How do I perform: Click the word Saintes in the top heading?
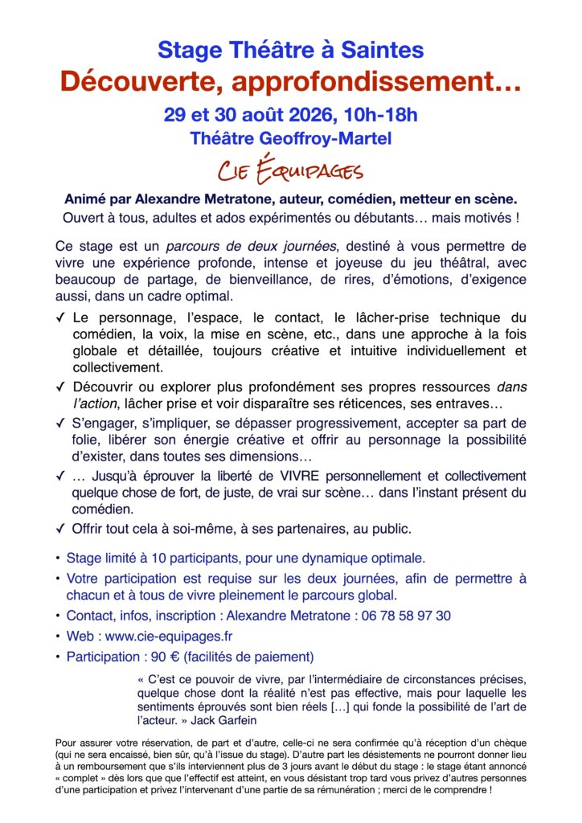click(381, 50)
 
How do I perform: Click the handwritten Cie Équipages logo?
click(290, 170)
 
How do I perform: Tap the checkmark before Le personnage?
click(61, 317)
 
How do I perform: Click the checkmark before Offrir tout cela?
click(61, 529)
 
